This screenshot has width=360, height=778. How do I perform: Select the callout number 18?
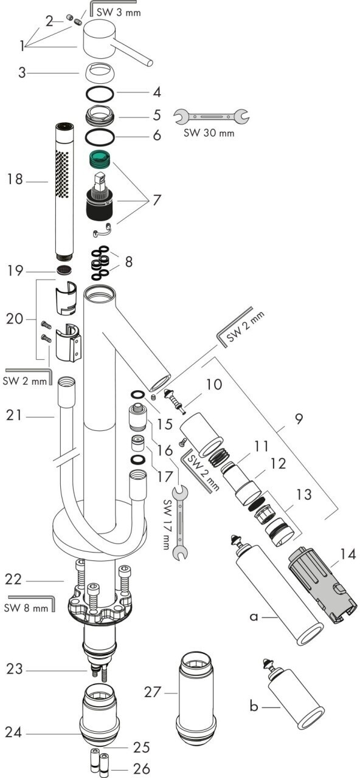[15, 179]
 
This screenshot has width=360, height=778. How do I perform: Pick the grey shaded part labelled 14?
[322, 584]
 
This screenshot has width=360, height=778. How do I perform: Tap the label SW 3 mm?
[119, 13]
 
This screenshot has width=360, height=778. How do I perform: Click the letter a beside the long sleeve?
[254, 616]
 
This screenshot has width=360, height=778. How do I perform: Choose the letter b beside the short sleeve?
[254, 706]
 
